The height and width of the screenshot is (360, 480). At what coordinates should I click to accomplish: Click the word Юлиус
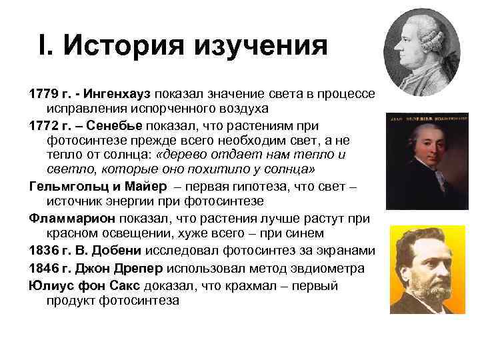pos(54,285)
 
